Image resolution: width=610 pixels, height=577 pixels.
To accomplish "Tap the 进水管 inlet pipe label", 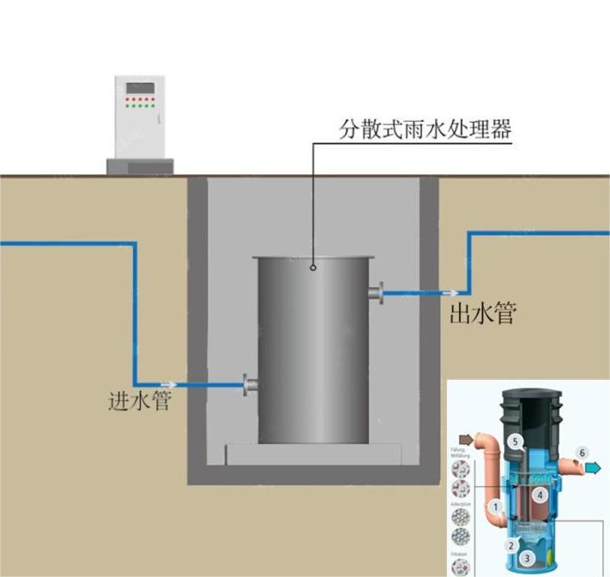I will pos(140,400).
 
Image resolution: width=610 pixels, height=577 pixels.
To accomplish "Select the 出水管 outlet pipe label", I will pos(482,314).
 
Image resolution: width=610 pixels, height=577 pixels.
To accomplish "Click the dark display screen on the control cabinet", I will pos(140,87).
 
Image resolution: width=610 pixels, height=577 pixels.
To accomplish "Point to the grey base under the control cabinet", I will pos(140,166).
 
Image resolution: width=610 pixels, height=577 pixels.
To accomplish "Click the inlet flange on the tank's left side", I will pos(251,386).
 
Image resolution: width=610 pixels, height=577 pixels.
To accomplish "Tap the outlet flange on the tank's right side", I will pos(377,293).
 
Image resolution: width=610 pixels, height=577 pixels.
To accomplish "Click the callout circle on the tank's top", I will pos(314,267).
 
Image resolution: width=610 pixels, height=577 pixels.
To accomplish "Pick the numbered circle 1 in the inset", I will pos(495,507).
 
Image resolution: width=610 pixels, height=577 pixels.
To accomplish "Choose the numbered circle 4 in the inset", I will pos(540,495).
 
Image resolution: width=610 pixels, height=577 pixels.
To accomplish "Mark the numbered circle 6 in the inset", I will pos(583,452).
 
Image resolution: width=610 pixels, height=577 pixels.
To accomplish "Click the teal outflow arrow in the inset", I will pos(593,467).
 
